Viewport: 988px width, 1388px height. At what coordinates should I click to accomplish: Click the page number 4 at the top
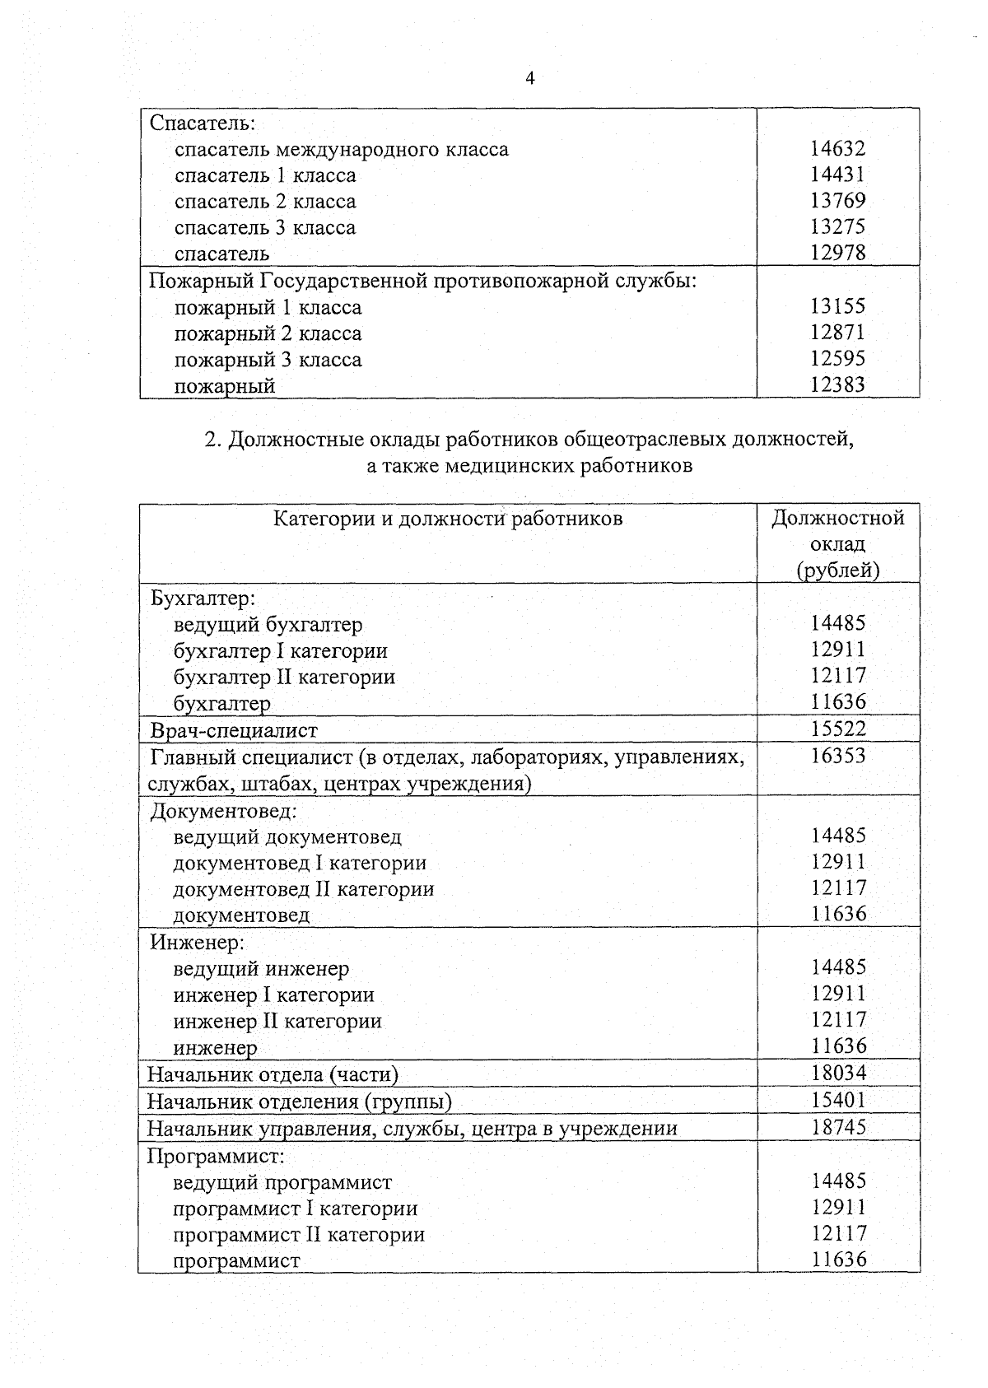point(529,79)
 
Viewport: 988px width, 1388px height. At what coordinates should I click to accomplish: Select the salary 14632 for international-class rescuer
point(837,148)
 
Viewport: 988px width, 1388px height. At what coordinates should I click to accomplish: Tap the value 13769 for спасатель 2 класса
point(837,201)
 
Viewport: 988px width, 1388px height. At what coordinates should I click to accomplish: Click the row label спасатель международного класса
point(341,149)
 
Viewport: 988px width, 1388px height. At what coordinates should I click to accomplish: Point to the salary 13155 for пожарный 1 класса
point(837,306)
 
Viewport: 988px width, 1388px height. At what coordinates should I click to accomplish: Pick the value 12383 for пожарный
point(837,384)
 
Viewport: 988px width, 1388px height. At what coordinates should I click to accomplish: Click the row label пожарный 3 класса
point(268,360)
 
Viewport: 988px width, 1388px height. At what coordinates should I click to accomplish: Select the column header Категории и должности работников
point(447,518)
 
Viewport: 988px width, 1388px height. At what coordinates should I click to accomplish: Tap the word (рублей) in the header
point(837,570)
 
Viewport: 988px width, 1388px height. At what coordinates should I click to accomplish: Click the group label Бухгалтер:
point(203,598)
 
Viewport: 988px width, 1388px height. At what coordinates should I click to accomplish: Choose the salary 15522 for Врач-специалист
point(837,728)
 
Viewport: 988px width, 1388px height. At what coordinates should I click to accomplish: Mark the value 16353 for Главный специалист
point(837,755)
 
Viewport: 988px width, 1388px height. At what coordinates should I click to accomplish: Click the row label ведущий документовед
point(287,837)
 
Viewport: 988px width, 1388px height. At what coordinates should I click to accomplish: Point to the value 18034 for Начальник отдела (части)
point(837,1073)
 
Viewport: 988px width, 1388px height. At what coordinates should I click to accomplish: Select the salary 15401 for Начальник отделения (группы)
point(837,1100)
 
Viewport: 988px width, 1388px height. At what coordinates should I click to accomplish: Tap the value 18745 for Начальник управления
point(837,1127)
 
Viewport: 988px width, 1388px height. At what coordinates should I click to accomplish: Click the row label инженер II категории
point(277,1022)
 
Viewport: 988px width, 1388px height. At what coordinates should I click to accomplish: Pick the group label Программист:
point(216,1156)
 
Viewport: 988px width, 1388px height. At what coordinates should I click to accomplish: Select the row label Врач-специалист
point(233,730)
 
